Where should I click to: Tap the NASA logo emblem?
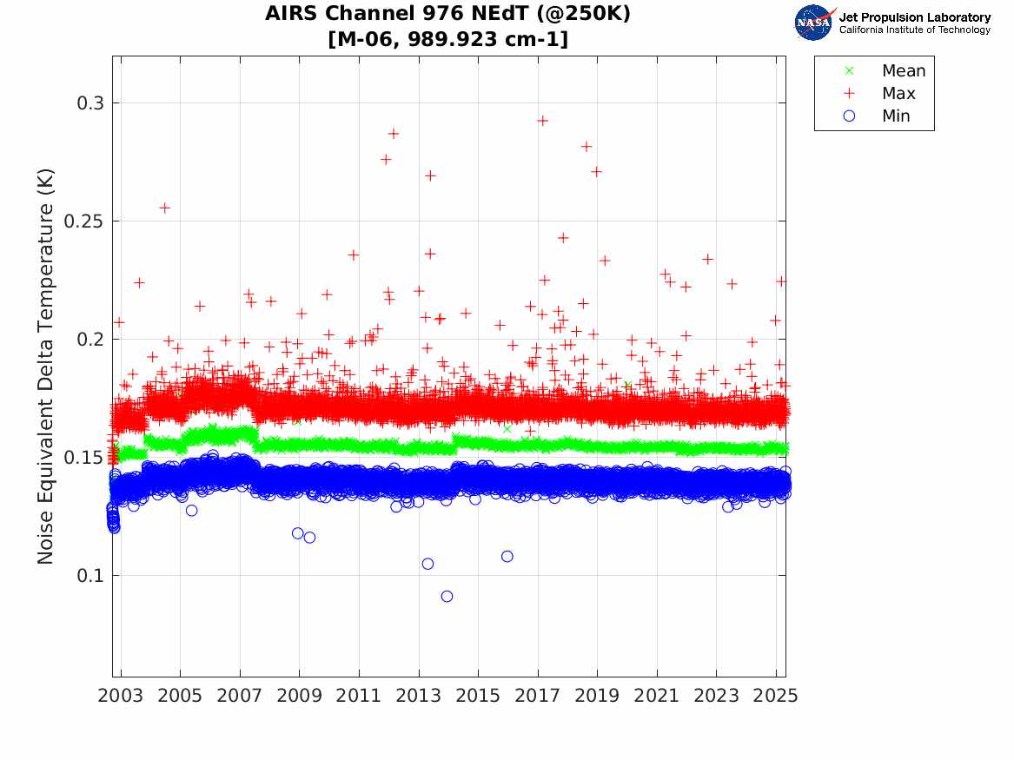(813, 22)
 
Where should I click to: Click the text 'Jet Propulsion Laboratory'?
(914, 17)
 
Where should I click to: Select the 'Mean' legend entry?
(903, 70)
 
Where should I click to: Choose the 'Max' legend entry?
(898, 93)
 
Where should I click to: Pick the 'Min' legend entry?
(896, 116)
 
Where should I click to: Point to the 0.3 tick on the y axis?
(89, 103)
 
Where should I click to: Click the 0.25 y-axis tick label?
(84, 221)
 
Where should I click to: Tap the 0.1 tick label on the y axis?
(89, 575)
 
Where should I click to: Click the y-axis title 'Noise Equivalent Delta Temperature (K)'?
(46, 367)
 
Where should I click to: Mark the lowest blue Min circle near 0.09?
(447, 596)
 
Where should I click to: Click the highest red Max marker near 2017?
(542, 121)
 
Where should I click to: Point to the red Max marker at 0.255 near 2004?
(164, 208)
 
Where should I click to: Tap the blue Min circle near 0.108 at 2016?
(507, 556)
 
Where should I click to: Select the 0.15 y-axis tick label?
(84, 458)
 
